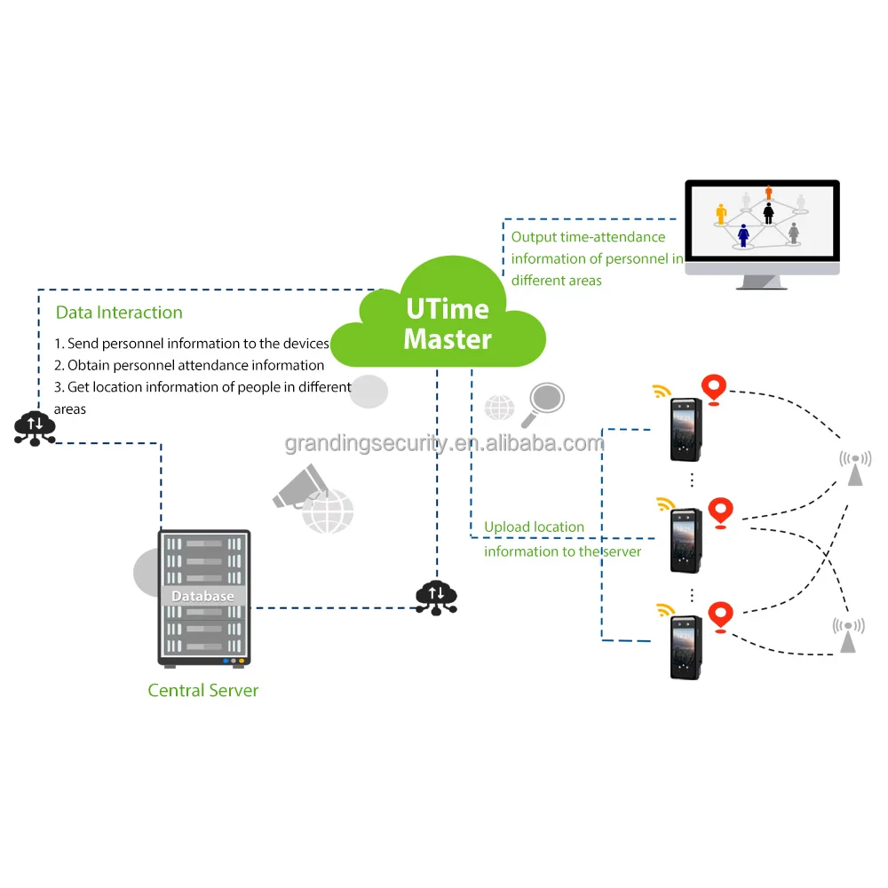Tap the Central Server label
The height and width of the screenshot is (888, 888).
click(x=202, y=690)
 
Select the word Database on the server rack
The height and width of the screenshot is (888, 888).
click(x=202, y=596)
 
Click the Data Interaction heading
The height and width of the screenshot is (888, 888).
click(x=119, y=312)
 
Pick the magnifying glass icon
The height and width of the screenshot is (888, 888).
click(x=543, y=404)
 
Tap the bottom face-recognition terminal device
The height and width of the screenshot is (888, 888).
click(x=686, y=646)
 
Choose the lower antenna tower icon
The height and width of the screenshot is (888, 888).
click(x=848, y=635)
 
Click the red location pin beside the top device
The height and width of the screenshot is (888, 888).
click(x=713, y=390)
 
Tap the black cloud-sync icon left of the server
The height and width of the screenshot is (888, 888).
click(x=36, y=427)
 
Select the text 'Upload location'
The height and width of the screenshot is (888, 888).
click(x=534, y=527)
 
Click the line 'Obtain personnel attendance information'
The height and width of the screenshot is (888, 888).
click(x=189, y=365)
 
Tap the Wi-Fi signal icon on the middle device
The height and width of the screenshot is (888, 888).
click(x=665, y=504)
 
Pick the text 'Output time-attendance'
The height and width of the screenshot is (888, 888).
click(x=588, y=237)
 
